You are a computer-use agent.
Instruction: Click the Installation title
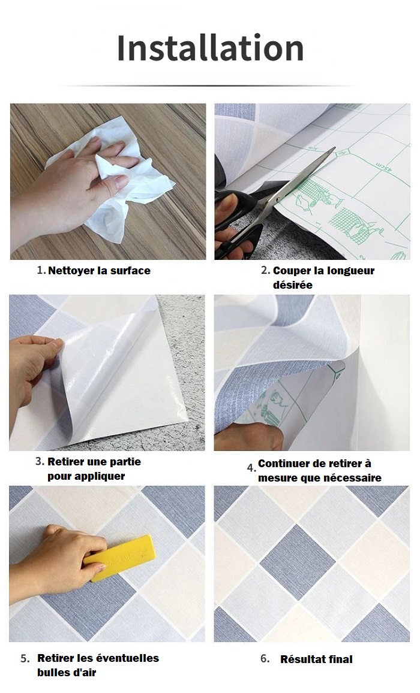[210, 48]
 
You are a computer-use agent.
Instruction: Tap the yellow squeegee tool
[118, 558]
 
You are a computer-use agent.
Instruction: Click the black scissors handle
[235, 221]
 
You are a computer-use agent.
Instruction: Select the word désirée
[293, 285]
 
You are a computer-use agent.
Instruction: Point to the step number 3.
[40, 461]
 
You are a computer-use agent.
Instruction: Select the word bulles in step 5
[52, 673]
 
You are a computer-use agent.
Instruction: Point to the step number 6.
[264, 659]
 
